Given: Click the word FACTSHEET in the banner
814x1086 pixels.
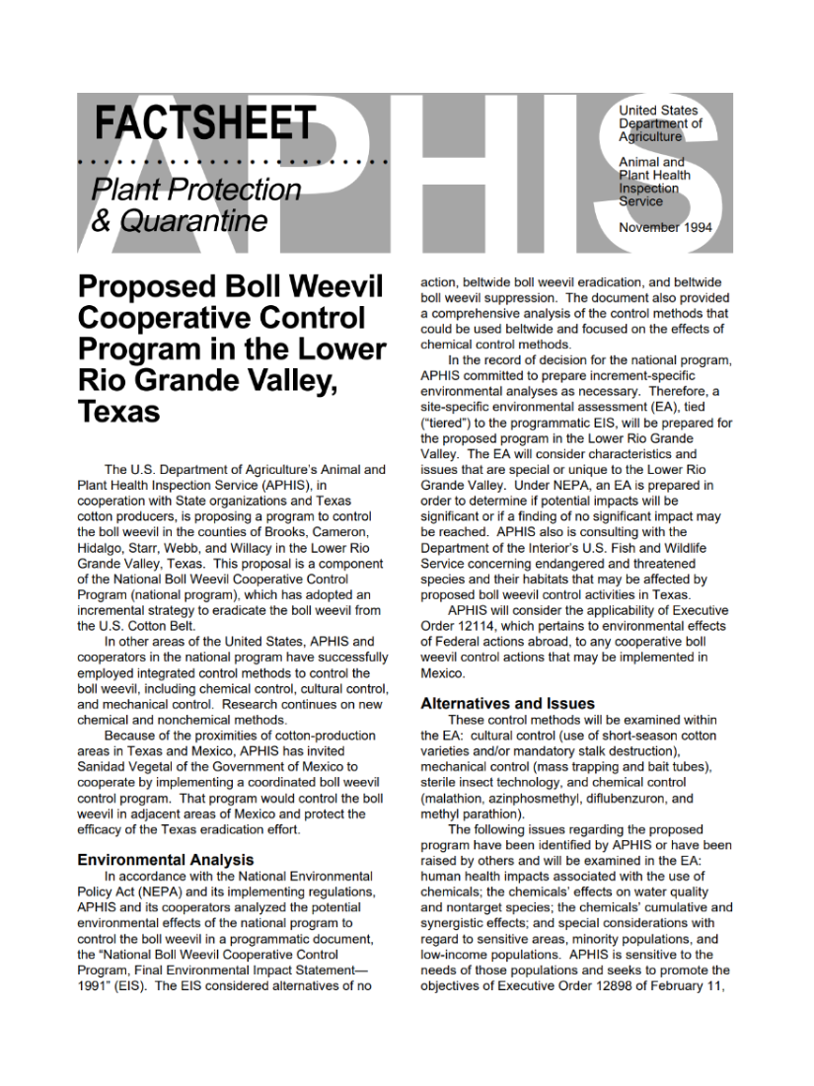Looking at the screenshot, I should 205,123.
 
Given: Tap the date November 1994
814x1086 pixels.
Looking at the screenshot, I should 665,228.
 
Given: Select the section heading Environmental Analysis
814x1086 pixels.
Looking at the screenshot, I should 165,860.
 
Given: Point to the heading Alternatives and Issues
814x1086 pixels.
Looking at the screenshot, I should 507,704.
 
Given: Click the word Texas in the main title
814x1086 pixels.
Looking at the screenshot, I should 118,412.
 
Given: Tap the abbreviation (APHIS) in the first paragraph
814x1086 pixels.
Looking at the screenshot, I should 285,486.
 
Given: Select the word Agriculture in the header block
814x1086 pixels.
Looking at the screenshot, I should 650,137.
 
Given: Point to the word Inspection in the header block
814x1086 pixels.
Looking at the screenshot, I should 649,189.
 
